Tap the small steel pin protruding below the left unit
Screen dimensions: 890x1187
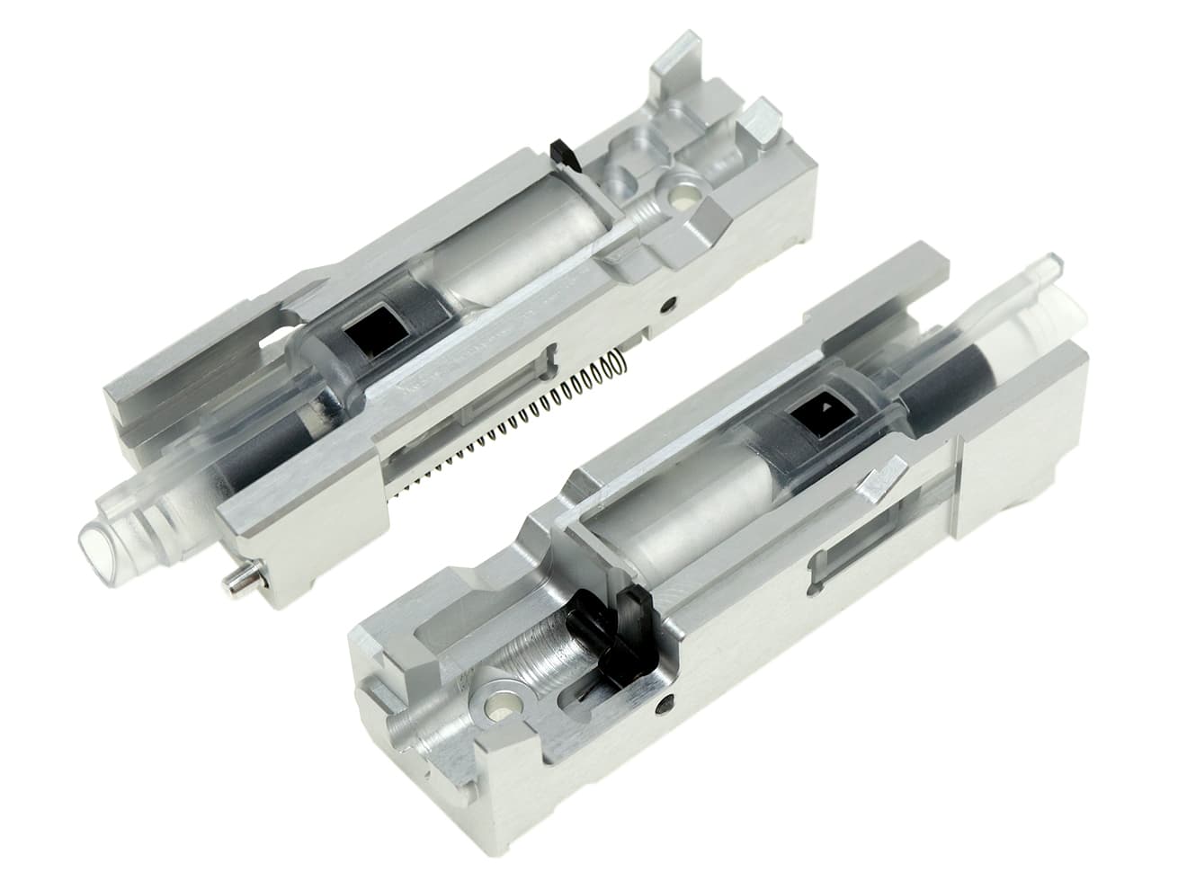pos(237,583)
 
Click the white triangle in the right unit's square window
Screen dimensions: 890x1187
pos(825,409)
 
